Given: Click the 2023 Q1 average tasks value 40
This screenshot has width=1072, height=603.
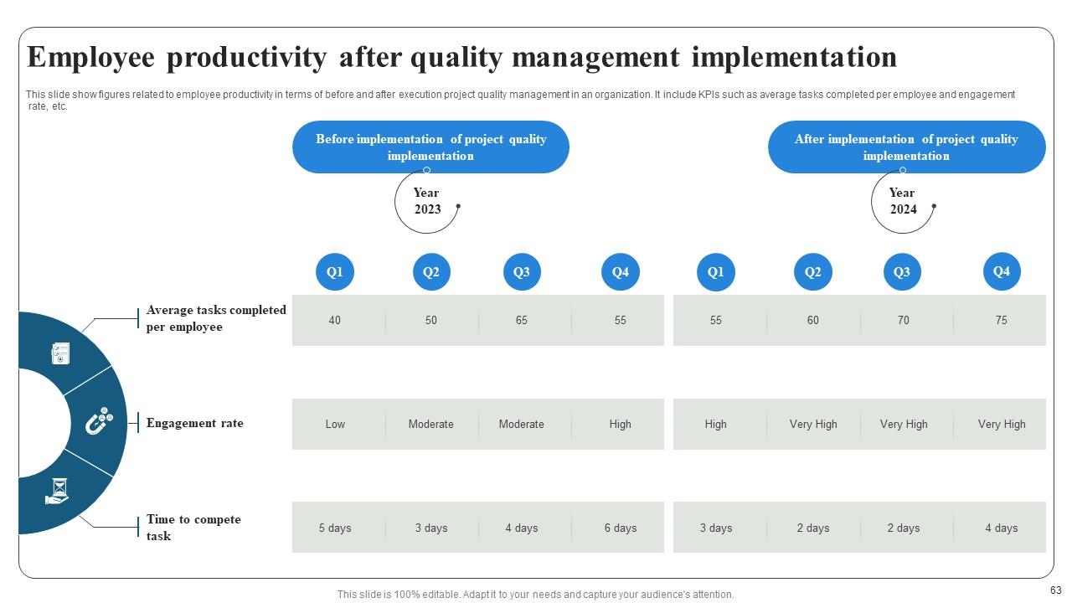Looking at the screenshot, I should (335, 320).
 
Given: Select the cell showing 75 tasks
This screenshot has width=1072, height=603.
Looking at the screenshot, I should (1001, 320).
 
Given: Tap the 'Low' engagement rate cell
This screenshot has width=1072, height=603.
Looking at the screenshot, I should (335, 424).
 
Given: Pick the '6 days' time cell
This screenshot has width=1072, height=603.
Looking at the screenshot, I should (620, 528).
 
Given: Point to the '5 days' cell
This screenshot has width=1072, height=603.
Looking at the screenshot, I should (335, 528).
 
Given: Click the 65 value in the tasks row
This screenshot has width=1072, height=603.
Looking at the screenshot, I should (521, 320).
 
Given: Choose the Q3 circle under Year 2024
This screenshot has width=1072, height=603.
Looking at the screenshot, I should (902, 272).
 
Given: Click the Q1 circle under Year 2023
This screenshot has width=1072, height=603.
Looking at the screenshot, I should (335, 272).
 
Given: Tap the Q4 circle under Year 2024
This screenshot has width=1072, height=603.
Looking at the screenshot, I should (1001, 271).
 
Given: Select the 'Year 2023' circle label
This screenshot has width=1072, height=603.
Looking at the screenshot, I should (426, 201).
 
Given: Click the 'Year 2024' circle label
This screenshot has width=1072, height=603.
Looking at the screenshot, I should (902, 201).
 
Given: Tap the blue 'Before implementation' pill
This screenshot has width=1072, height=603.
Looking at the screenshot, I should (430, 147).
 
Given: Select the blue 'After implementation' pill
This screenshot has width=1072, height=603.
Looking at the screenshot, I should (906, 147).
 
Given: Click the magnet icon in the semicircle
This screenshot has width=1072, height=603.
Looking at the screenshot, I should (98, 421).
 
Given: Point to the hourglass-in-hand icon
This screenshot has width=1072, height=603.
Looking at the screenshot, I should (56, 491).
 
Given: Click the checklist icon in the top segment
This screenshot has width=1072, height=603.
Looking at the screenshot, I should (60, 353).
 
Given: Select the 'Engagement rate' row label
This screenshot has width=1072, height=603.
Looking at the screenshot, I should (194, 423).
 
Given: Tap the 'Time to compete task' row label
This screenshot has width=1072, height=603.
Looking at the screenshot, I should (193, 528).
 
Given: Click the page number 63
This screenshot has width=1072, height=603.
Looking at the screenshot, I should (1054, 591).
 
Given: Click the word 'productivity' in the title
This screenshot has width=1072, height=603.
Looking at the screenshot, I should (247, 57).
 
